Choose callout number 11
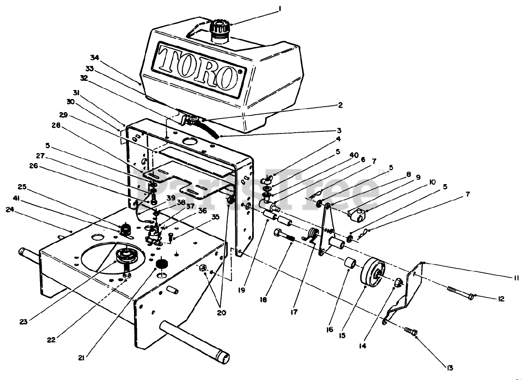click(x=516, y=278)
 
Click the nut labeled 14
click(x=398, y=282)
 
